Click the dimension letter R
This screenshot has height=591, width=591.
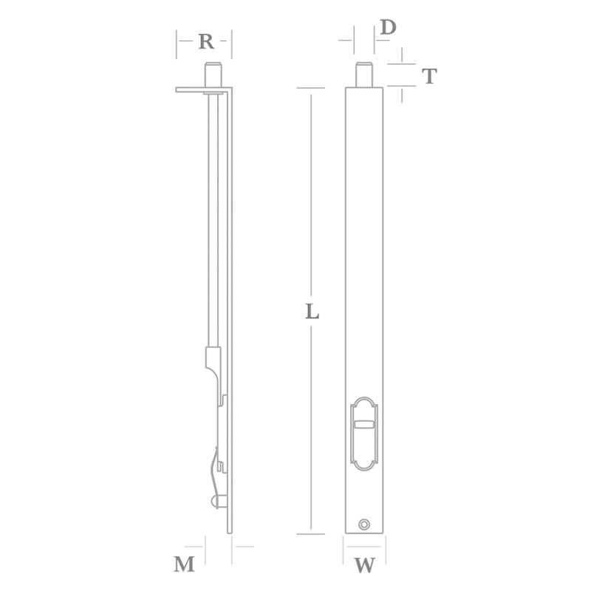(206, 42)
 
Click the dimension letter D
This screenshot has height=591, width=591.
(388, 28)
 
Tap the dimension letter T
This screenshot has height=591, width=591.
(428, 75)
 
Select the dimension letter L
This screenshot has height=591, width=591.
(312, 312)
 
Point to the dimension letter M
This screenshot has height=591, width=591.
(184, 565)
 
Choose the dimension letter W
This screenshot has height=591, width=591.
(364, 567)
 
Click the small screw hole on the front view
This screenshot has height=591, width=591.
(363, 524)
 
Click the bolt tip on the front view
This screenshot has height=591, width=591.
(363, 75)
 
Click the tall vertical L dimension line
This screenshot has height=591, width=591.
(311, 222)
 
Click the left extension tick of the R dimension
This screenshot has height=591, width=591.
(177, 44)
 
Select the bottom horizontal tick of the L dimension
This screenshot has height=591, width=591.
(311, 533)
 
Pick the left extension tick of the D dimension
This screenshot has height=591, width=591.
(353, 38)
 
